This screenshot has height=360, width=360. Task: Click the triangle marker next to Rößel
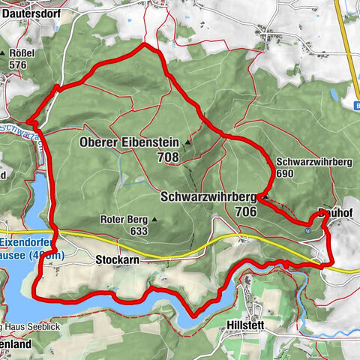tap(11, 54)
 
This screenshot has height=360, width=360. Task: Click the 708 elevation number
tap(168, 157)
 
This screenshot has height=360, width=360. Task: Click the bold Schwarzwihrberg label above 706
tap(208, 196)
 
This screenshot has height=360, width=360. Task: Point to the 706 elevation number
tap(244, 211)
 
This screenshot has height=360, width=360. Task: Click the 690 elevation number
tap(287, 173)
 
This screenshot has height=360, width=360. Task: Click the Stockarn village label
tap(118, 259)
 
